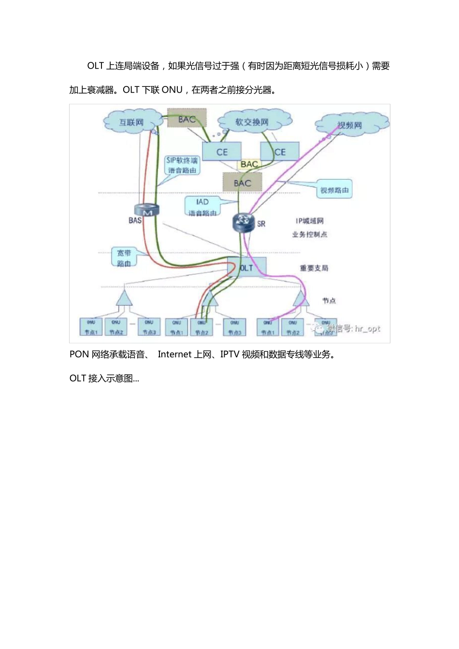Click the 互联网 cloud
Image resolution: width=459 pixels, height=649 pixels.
pyautogui.click(x=131, y=122)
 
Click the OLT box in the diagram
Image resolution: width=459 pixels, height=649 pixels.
pyautogui.click(x=247, y=268)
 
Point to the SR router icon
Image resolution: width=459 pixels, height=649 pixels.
pyautogui.click(x=243, y=222)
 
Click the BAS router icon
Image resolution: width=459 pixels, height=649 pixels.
pyautogui.click(x=147, y=211)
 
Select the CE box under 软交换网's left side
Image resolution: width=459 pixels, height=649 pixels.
pyautogui.click(x=222, y=152)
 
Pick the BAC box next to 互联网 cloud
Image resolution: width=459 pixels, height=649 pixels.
pyautogui.click(x=187, y=119)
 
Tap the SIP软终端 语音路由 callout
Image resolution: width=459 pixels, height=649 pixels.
pyautogui.click(x=182, y=165)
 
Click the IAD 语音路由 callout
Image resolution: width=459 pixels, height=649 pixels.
pyautogui.click(x=202, y=207)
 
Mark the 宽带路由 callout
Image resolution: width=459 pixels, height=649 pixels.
pyautogui.click(x=124, y=258)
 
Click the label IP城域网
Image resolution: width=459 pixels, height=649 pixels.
pyautogui.click(x=310, y=221)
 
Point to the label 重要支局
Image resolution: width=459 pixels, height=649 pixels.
pyautogui.click(x=314, y=268)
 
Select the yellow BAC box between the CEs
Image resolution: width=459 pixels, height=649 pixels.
pyautogui.click(x=249, y=164)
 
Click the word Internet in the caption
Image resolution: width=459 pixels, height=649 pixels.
pyautogui.click(x=174, y=354)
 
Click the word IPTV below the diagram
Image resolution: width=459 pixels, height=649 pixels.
pyautogui.click(x=229, y=354)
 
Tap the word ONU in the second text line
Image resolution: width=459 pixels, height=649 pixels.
pyautogui.click(x=172, y=90)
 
